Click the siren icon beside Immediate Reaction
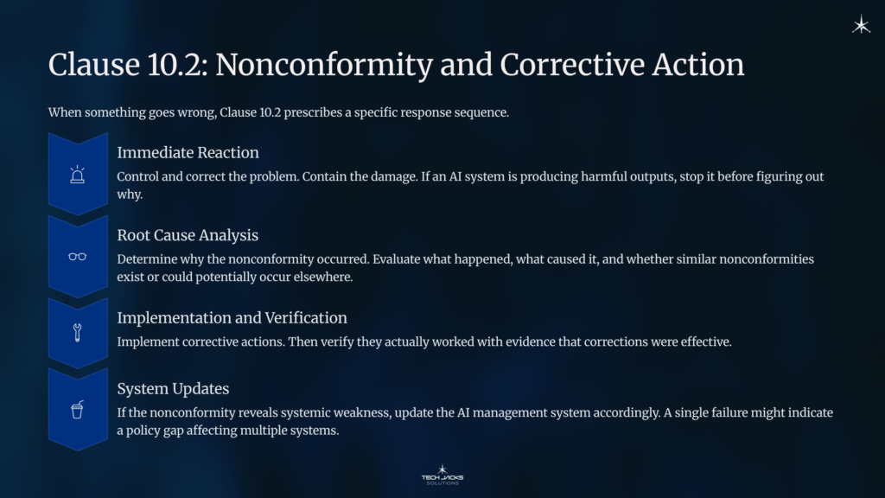click(x=78, y=175)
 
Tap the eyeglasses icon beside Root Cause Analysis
click(x=78, y=257)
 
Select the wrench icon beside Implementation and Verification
click(x=78, y=333)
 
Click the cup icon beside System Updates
click(x=78, y=410)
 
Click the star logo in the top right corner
click(x=861, y=25)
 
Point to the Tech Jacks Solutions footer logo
click(x=442, y=474)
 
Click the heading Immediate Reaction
click(x=188, y=153)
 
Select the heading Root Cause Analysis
click(x=188, y=235)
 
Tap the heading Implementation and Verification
click(x=232, y=318)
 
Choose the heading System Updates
click(x=173, y=389)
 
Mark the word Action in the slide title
click(x=697, y=65)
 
